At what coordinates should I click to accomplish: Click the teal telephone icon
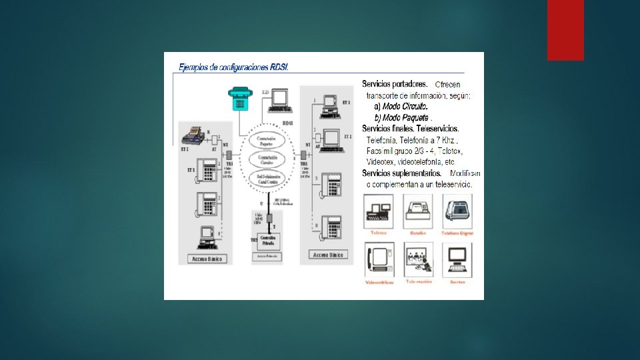pos(240,98)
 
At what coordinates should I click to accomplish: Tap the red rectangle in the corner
pos(565,30)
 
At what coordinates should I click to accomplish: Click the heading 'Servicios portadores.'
pos(395,84)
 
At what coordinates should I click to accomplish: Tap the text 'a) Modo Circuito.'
pos(401,107)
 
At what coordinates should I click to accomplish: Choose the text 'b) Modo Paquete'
pos(401,117)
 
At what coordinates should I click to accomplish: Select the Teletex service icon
pos(379,211)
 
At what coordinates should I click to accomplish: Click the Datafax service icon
pos(419,211)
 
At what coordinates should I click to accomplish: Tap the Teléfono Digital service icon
pos(458,211)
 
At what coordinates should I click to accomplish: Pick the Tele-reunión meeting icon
pos(419,259)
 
